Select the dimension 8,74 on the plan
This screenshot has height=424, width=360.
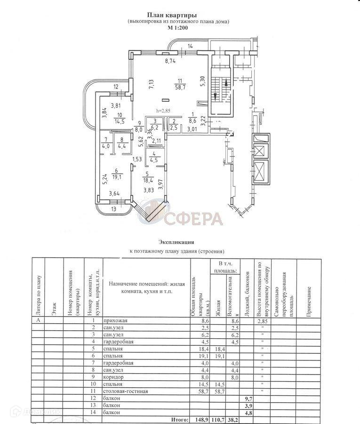[170, 61]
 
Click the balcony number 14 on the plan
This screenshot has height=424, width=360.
[191, 46]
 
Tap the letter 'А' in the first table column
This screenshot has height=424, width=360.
[38, 321]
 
